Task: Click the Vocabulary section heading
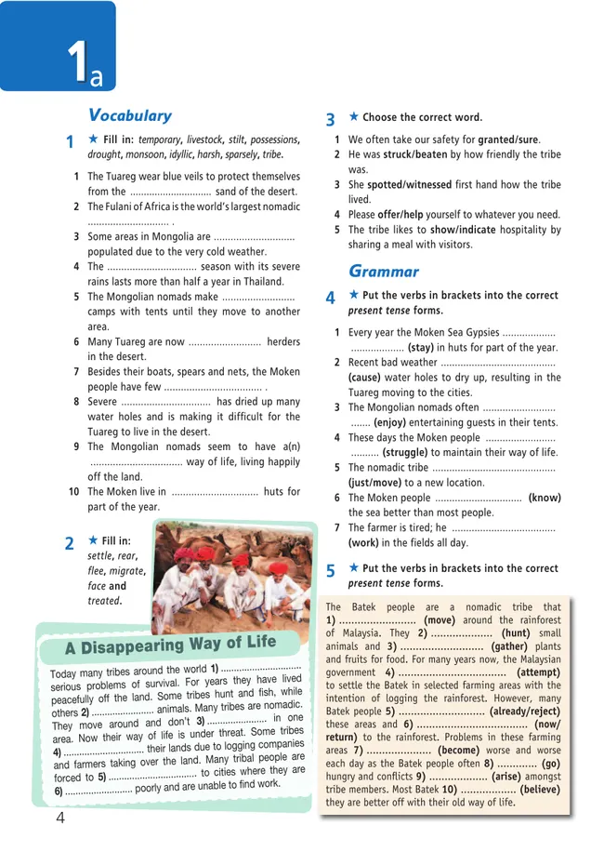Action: click(129, 115)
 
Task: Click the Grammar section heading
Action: click(383, 272)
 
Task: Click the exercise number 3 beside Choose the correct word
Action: click(330, 120)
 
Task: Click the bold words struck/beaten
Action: click(416, 155)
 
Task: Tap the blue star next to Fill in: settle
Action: click(92, 539)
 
